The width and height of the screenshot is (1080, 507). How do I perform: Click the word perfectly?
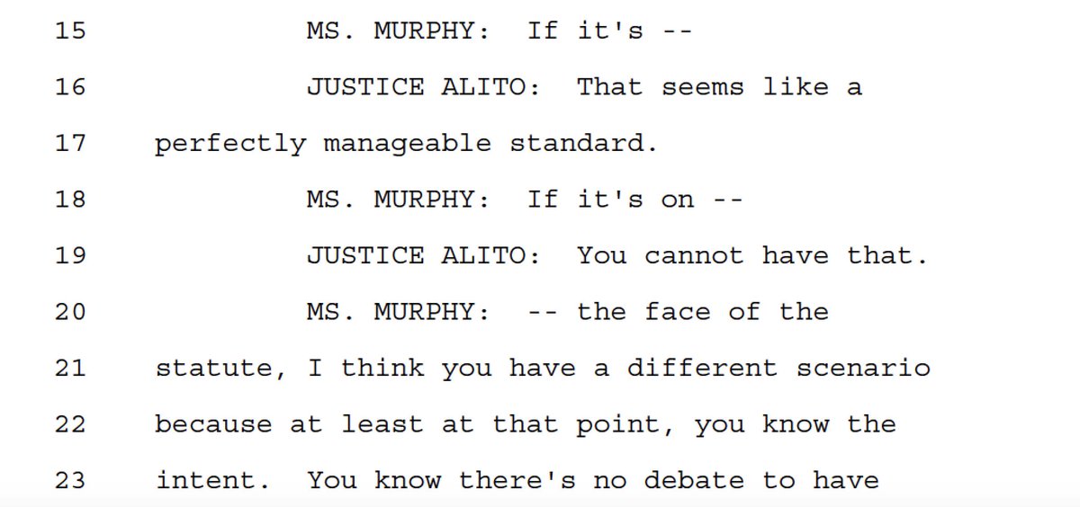click(x=229, y=144)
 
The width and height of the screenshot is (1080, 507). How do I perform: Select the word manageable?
click(x=408, y=144)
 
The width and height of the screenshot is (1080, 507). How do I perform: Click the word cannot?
click(x=694, y=256)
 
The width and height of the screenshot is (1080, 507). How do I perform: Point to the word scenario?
click(x=863, y=368)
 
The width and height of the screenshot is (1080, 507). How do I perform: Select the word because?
click(x=213, y=424)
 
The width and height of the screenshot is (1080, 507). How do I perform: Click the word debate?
click(x=669, y=480)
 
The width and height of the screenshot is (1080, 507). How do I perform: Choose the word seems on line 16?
click(x=702, y=87)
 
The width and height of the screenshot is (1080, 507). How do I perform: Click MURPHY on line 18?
click(x=423, y=200)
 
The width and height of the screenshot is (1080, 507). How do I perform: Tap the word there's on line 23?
click(x=517, y=480)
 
